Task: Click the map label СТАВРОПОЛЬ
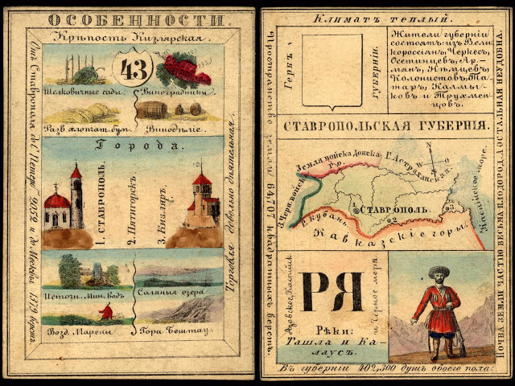[x=393, y=210]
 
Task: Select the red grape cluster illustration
[x=183, y=68]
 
